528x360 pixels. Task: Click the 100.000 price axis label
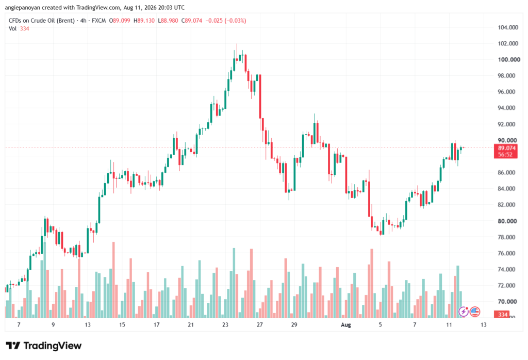(x=509, y=60)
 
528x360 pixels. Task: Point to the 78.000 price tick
(x=506, y=237)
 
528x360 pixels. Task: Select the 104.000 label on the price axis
(x=508, y=27)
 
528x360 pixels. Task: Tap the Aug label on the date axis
(x=346, y=325)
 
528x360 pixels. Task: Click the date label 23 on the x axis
(x=225, y=325)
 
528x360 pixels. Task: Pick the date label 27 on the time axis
(x=260, y=325)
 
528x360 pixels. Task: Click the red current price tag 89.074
(x=506, y=148)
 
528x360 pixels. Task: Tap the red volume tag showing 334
(x=502, y=315)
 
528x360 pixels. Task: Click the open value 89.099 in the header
(x=122, y=21)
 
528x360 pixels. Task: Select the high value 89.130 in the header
(x=146, y=21)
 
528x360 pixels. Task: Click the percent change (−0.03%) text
(x=235, y=21)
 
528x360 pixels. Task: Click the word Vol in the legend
(x=12, y=29)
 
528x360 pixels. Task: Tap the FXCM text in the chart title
(x=98, y=21)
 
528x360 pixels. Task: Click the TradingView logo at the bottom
(x=44, y=346)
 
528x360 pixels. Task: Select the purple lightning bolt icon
(x=464, y=312)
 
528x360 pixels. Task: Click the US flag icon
(x=475, y=312)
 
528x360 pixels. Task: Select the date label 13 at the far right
(x=484, y=325)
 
